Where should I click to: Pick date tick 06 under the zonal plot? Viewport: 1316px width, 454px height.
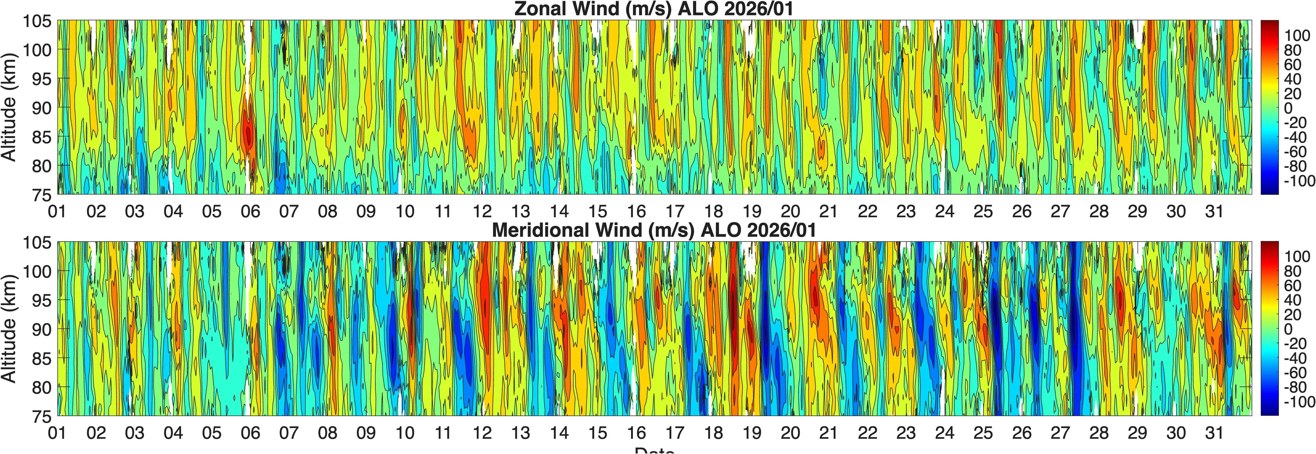[250, 211]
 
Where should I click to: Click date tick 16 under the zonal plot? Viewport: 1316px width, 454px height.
[636, 211]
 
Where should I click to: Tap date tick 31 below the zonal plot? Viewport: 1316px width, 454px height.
[1214, 211]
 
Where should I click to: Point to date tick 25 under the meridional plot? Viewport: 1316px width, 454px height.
[983, 433]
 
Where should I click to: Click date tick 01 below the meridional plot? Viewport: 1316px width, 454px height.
[57, 433]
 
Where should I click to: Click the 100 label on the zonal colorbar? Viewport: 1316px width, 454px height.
[1297, 35]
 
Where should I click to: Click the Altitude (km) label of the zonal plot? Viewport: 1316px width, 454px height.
[9, 107]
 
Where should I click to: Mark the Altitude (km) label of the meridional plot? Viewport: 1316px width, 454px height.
[9, 329]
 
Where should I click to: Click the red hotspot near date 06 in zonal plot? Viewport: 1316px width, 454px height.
[248, 134]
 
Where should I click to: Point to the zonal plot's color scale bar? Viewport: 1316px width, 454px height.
[1270, 107]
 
